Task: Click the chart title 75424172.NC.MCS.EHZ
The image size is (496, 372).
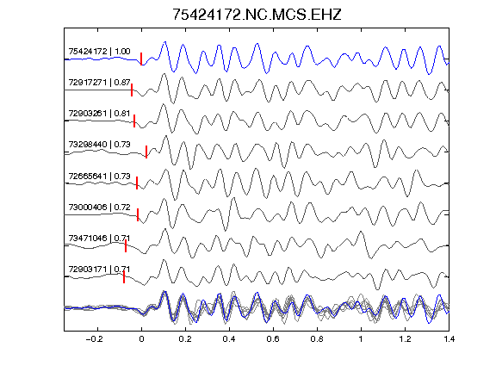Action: click(257, 15)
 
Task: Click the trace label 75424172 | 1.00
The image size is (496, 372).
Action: click(99, 52)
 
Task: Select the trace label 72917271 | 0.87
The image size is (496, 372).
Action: click(99, 83)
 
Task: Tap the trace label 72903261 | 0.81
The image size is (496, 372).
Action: click(99, 114)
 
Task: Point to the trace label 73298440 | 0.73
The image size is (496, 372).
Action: click(99, 145)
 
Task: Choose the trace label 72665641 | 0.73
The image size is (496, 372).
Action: click(99, 176)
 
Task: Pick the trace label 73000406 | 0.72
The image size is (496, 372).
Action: click(99, 208)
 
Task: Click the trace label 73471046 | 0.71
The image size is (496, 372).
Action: click(99, 238)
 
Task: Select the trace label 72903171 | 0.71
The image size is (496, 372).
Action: click(99, 270)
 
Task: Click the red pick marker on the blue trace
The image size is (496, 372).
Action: click(141, 59)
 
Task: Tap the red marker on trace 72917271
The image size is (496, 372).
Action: click(132, 90)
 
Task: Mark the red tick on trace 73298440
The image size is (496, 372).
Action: click(146, 152)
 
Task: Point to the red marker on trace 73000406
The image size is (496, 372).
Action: click(138, 214)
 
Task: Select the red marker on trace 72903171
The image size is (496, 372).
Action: click(124, 276)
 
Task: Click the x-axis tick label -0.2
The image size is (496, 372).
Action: click(95, 339)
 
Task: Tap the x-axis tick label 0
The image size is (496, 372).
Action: click(141, 339)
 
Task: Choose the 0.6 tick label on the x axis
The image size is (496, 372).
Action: click(273, 339)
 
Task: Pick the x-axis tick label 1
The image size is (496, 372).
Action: click(361, 339)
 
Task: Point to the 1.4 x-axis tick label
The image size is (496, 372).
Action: click(449, 339)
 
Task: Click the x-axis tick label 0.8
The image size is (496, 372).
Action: click(317, 339)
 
